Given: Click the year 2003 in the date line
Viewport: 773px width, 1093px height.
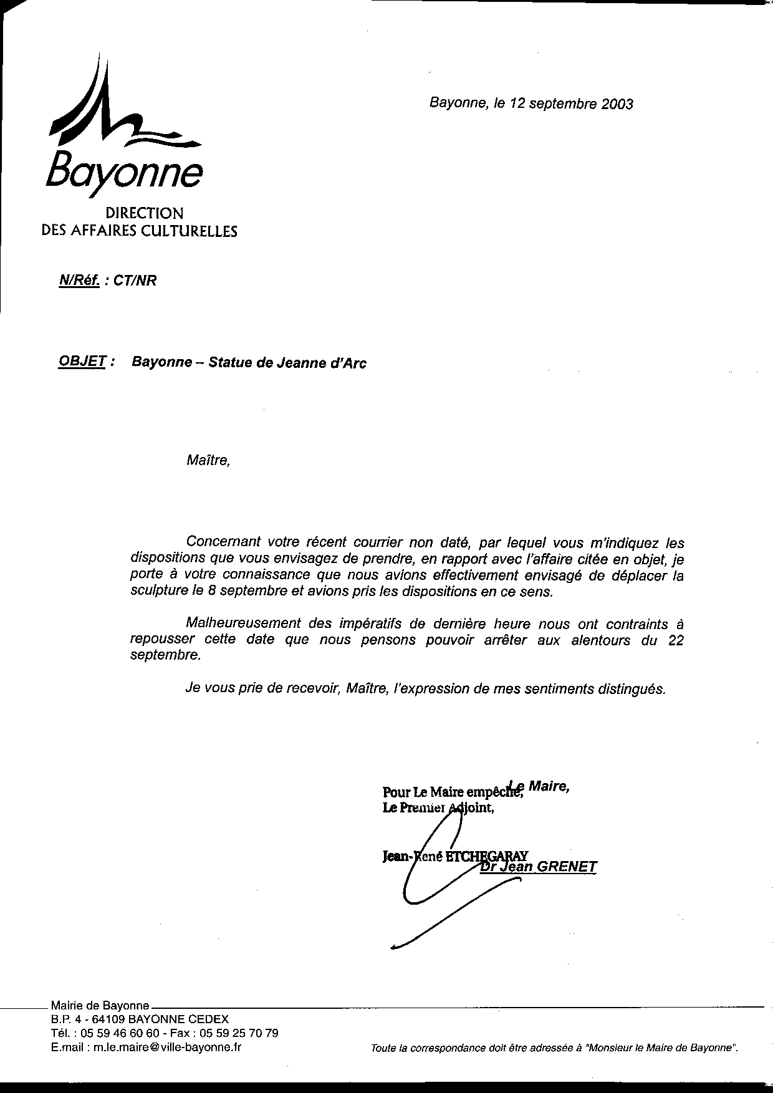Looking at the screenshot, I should (x=617, y=104).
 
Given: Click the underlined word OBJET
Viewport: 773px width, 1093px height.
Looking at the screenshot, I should (x=81, y=362).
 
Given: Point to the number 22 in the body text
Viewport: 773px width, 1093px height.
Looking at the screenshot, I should (x=676, y=640).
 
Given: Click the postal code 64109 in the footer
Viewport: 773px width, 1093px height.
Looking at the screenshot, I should (x=110, y=1019).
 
